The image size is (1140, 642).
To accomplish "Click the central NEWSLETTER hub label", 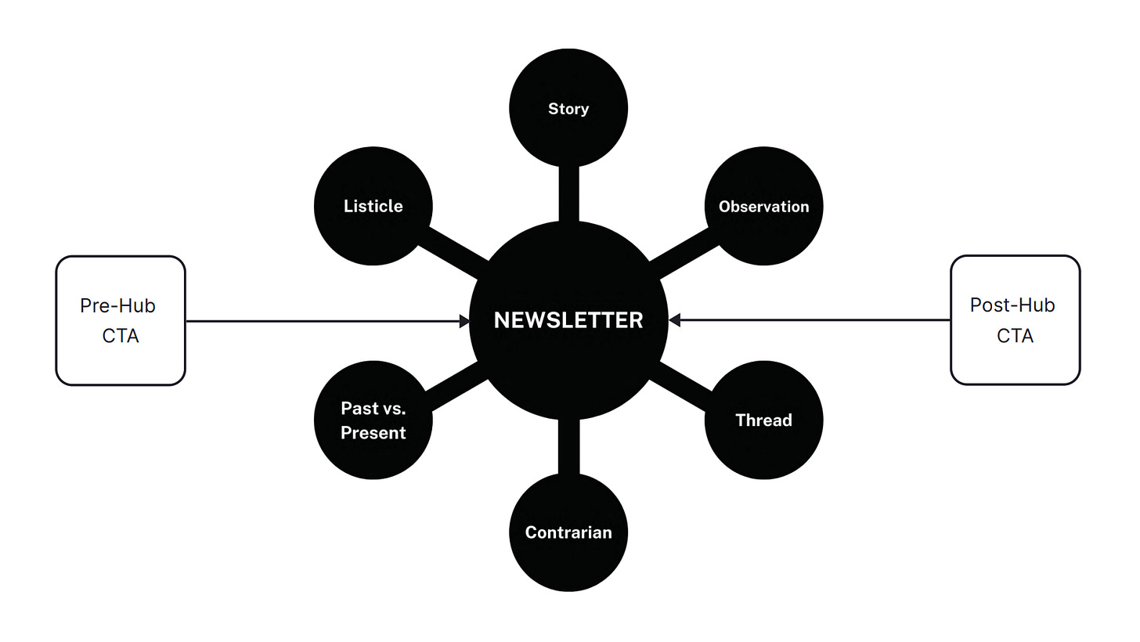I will pyautogui.click(x=568, y=320).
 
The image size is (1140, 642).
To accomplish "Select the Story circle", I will pyautogui.click(x=568, y=108).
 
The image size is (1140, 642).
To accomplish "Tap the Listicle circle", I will pyautogui.click(x=373, y=206).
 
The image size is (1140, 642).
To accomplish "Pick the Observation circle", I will pyautogui.click(x=763, y=206).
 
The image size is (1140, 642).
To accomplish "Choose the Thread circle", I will pyautogui.click(x=763, y=420).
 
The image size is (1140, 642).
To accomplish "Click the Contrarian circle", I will pyautogui.click(x=568, y=532).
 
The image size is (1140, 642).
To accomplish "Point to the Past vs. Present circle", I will pyautogui.click(x=373, y=420).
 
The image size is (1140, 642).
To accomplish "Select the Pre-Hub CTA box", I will pyautogui.click(x=121, y=320).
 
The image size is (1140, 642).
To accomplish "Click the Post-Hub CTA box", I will pyautogui.click(x=1016, y=320).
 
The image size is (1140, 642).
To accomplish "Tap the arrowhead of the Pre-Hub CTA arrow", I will pyautogui.click(x=464, y=320).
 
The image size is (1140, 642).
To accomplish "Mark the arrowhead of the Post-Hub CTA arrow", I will pyautogui.click(x=675, y=320).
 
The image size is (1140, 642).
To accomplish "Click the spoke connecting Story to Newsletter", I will pyautogui.click(x=568, y=194).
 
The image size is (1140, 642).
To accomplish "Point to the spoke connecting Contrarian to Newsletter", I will pyautogui.click(x=568, y=447).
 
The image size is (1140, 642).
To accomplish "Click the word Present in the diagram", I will pyautogui.click(x=373, y=432).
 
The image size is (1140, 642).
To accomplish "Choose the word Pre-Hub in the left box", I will pyautogui.click(x=117, y=305).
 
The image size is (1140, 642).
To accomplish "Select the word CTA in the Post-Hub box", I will pyautogui.click(x=1015, y=336).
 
